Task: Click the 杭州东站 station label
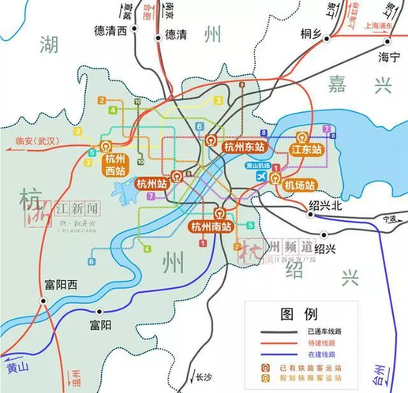(244, 147)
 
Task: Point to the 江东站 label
(307, 149)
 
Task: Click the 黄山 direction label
(17, 368)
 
